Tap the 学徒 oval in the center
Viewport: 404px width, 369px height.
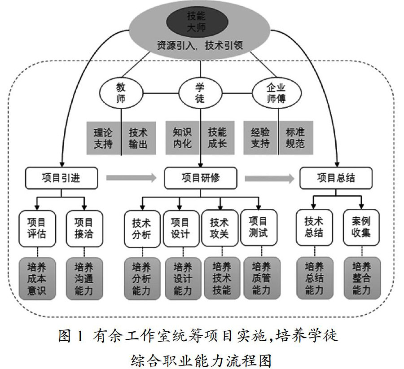tap(200, 92)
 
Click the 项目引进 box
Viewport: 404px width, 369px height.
tap(61, 178)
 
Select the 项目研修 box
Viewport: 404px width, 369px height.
tap(201, 178)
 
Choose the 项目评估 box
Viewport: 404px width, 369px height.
tap(38, 228)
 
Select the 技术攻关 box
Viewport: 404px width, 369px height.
tap(219, 228)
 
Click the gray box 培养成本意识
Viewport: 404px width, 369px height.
tap(38, 278)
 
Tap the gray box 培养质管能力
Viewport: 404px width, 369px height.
tap(262, 278)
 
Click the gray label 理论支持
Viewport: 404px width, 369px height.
tap(103, 138)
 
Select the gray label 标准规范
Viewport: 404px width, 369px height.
tap(295, 138)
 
